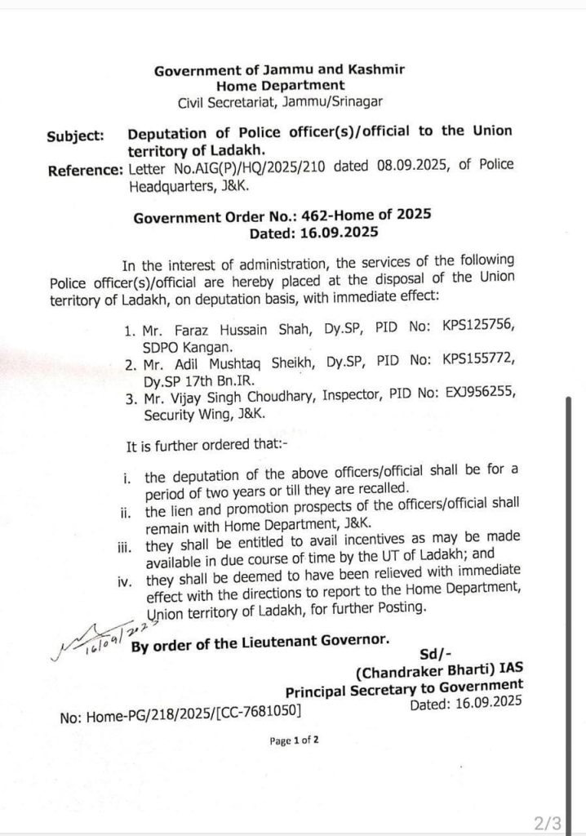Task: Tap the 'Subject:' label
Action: [x=74, y=136]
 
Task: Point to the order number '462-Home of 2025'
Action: [x=372, y=216]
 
